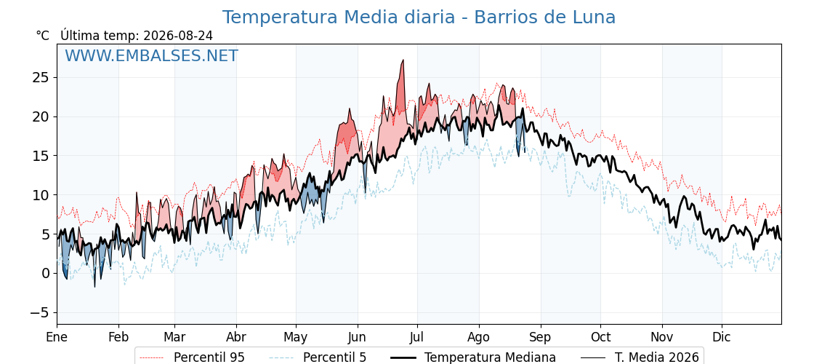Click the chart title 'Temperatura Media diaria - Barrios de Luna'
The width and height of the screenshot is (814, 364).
419,17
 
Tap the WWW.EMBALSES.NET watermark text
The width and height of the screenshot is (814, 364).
152,55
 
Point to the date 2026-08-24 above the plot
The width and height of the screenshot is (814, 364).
177,36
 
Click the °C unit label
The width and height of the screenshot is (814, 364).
43,36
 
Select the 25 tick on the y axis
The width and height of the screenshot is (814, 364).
41,77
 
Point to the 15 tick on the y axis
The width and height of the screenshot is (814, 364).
41,156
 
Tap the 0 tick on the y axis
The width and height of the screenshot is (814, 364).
45,274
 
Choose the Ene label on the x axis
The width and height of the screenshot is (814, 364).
57,337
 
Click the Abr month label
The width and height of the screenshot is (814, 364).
236,337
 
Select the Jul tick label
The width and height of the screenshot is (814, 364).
417,337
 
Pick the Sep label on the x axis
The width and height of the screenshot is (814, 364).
541,337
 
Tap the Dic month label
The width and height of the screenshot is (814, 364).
722,337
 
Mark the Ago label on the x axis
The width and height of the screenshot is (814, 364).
479,337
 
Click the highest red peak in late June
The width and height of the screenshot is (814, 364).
403,60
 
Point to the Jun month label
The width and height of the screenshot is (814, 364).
357,337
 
